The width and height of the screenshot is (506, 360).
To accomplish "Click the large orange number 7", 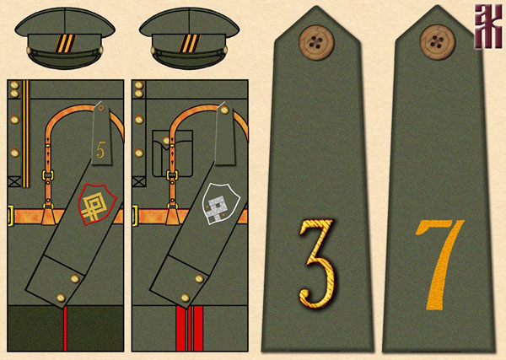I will point(438,261).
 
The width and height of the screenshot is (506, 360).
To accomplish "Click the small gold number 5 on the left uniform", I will point(101,152).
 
